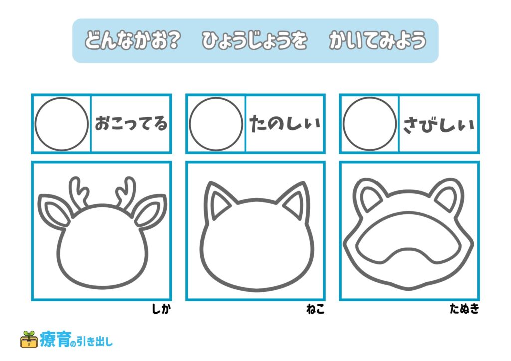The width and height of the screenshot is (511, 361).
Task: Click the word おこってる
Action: click(x=131, y=123)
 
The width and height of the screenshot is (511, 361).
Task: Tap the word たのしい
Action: click(x=285, y=123)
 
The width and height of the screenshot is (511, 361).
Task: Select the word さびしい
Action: click(x=439, y=124)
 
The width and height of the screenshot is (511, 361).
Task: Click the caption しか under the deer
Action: click(x=161, y=308)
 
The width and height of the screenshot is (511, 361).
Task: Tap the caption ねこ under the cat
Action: click(x=315, y=308)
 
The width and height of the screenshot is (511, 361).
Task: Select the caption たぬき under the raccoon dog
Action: click(x=465, y=308)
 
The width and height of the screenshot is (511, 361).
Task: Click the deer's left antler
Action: click(x=78, y=192)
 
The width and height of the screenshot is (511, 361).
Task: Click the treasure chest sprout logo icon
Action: click(x=29, y=339)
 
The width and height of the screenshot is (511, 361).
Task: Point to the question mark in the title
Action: click(x=173, y=40)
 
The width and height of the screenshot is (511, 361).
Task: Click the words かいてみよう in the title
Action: click(x=377, y=40)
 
